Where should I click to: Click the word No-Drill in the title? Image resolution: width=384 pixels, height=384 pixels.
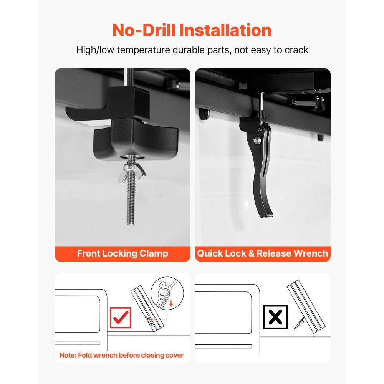144,30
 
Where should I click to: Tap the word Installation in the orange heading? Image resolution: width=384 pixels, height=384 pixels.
225,30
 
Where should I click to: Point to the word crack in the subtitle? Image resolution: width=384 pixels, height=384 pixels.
296,50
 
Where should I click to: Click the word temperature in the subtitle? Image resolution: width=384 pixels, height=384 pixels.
143,50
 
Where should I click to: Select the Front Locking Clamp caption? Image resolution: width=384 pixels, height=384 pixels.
122,253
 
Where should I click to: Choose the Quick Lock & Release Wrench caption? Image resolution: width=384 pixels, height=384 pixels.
263,253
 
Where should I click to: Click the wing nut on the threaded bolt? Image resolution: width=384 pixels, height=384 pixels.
131,173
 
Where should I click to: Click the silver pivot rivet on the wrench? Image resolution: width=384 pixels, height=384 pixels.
257,141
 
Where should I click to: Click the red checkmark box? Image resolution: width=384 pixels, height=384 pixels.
121,318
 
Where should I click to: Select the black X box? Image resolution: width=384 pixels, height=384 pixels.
275,317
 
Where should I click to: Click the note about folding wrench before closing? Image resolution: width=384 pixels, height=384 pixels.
121,355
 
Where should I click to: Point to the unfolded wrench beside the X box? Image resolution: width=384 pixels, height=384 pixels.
299,323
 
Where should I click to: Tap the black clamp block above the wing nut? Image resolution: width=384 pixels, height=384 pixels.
135,140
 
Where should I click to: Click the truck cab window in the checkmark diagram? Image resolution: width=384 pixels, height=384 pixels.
78,314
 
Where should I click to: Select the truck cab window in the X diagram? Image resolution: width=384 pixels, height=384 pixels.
223,313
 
